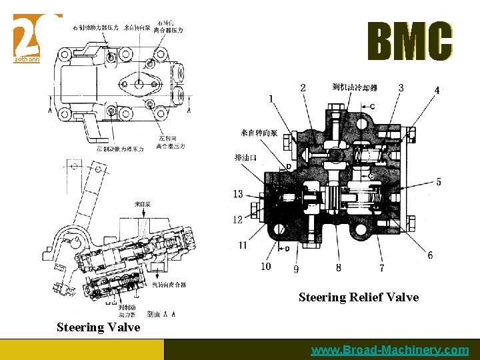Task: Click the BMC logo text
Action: pyautogui.click(x=410, y=41)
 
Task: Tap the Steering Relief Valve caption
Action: pyautogui.click(x=359, y=297)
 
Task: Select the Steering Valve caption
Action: pyautogui.click(x=98, y=327)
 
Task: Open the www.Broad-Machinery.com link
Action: pyautogui.click(x=390, y=350)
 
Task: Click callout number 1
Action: pyautogui.click(x=271, y=99)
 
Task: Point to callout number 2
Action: pyautogui.click(x=303, y=88)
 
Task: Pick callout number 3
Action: pyautogui.click(x=401, y=88)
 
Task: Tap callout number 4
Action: pyautogui.click(x=437, y=90)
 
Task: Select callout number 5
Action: pyautogui.click(x=438, y=182)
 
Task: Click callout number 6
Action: pyautogui.click(x=430, y=255)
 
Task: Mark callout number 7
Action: pyautogui.click(x=381, y=268)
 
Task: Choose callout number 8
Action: pyautogui.click(x=339, y=268)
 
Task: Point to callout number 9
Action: pyautogui.click(x=296, y=269)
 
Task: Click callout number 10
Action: pyautogui.click(x=266, y=267)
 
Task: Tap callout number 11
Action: pyautogui.click(x=243, y=245)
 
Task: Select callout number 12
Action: pyautogui.click(x=238, y=220)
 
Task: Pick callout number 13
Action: pyautogui.click(x=238, y=194)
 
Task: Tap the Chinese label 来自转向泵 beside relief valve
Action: pyautogui.click(x=255, y=133)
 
